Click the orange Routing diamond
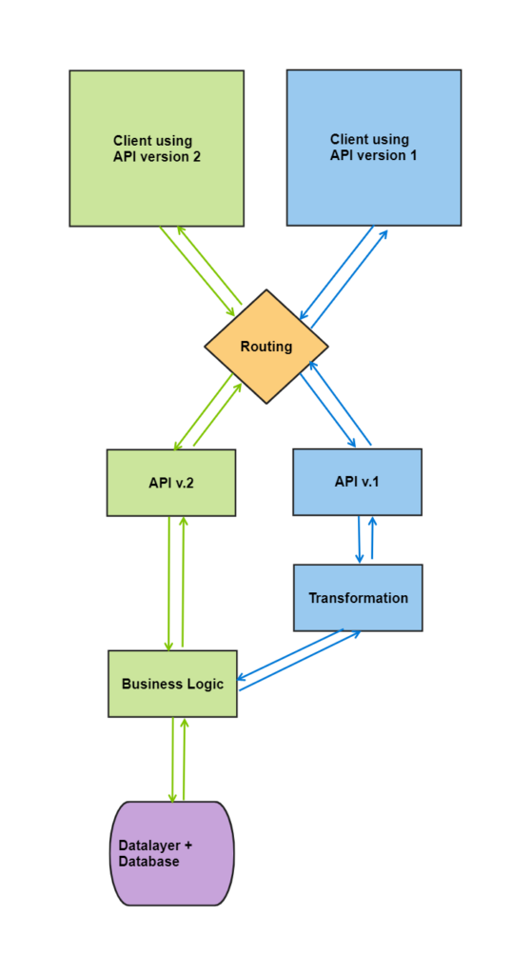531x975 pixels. (x=266, y=347)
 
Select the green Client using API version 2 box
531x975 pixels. (x=157, y=148)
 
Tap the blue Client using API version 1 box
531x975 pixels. (x=374, y=148)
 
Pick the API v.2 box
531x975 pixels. (x=171, y=483)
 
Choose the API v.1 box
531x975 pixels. (x=358, y=482)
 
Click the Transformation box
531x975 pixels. (x=358, y=598)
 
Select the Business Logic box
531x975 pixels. (x=172, y=684)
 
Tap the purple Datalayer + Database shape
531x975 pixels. (x=172, y=853)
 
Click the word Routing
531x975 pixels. (x=266, y=347)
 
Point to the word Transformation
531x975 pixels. (x=358, y=598)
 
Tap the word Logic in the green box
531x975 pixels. (x=206, y=684)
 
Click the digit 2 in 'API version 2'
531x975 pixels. (x=196, y=157)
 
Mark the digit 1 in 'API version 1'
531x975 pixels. (x=413, y=155)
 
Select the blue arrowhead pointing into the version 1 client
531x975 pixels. (x=383, y=235)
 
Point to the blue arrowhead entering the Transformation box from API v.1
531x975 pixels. (x=360, y=558)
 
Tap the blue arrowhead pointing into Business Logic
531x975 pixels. (x=244, y=677)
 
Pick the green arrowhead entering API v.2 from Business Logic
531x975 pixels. (x=183, y=523)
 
